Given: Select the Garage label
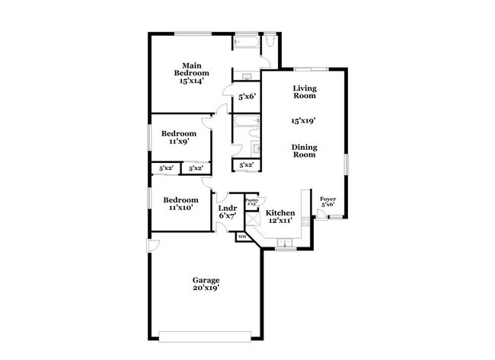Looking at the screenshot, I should [206, 280].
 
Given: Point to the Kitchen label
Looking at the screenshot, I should [280, 212].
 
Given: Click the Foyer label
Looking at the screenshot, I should [327, 199].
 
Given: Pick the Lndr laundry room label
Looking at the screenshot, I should [227, 208].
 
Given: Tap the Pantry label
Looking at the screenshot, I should [251, 199].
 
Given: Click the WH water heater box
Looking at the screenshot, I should [243, 237].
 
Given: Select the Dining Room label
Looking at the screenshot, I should [305, 151].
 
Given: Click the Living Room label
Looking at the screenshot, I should [305, 92].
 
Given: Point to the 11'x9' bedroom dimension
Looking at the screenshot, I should [179, 141].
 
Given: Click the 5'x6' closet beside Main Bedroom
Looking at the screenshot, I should [247, 97].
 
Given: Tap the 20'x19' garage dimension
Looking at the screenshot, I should [206, 289].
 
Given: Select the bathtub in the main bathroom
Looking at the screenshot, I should [246, 42].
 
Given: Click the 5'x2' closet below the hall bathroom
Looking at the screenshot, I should [247, 164].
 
